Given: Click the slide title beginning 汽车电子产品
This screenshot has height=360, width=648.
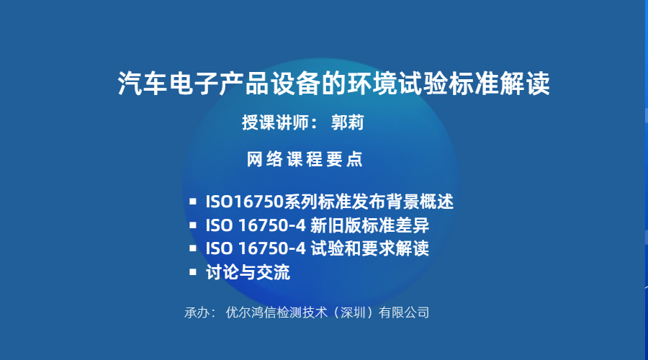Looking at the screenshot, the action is coord(333,84).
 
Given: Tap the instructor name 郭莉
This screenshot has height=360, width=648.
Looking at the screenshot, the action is coord(347,122).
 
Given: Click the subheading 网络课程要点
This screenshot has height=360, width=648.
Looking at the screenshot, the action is coord(305,159).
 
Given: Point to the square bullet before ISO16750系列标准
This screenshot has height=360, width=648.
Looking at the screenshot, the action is coord(192,202).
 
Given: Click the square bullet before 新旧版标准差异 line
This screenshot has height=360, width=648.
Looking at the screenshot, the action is coord(192,225).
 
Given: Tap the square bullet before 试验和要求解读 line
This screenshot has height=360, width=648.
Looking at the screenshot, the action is coord(192,248).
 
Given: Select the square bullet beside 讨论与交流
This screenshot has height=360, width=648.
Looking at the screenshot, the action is coord(192,272).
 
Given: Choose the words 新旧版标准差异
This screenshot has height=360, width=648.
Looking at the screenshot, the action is coord(369,225).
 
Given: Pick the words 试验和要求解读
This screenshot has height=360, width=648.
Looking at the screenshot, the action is coord(369,248).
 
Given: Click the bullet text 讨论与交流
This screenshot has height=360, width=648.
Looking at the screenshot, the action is coord(248,272).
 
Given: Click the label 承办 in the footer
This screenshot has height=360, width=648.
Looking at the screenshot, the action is coord(197,312).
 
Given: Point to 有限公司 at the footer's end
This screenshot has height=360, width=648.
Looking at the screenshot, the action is coord(404,312).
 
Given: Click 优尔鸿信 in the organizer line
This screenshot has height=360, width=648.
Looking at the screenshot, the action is coord(251,312).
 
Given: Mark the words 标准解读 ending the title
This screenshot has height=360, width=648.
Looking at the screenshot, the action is coord(500,84).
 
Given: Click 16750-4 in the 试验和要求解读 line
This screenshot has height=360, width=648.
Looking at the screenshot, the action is coord(272,249).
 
